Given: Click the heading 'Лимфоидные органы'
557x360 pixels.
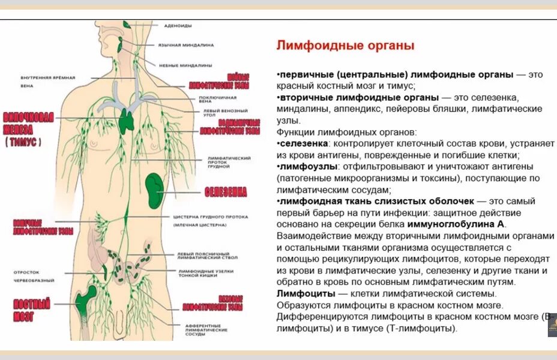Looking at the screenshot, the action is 345,46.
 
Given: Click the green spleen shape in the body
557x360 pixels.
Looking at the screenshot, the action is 155,187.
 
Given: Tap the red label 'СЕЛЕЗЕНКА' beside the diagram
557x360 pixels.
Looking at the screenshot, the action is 225,192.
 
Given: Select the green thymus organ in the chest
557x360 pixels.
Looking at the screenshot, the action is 127,120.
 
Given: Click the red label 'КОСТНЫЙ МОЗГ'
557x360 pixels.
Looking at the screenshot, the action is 32,310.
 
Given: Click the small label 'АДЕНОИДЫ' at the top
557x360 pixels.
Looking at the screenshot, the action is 177,25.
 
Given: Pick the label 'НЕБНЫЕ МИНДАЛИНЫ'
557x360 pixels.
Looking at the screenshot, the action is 185,64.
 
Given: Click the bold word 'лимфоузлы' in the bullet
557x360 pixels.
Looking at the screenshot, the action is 307,166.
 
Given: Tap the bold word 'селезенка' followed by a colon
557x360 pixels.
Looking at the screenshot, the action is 304,144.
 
